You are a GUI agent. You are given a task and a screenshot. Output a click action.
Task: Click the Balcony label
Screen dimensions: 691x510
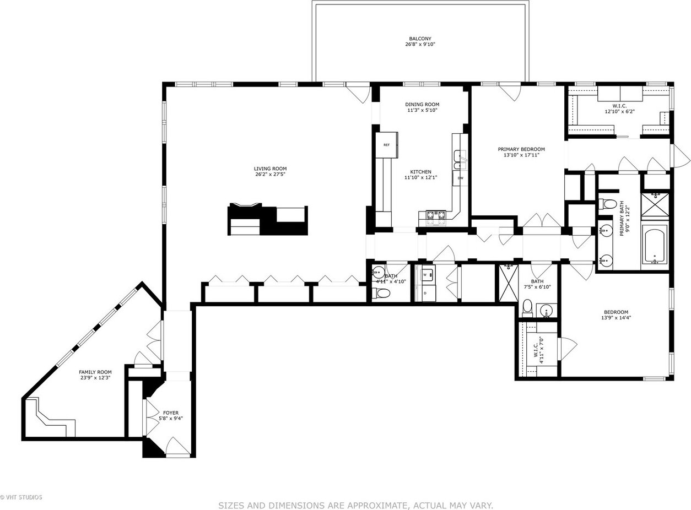pyautogui.click(x=420, y=39)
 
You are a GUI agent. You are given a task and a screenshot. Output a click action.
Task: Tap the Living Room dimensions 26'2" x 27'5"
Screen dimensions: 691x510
pyautogui.click(x=270, y=175)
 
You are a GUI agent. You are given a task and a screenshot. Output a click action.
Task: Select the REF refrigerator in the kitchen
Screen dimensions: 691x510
pyautogui.click(x=386, y=145)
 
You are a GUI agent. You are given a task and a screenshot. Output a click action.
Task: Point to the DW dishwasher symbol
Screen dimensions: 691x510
pyautogui.click(x=460, y=178)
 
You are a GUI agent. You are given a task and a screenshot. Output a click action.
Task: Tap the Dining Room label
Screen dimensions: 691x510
pyautogui.click(x=422, y=104)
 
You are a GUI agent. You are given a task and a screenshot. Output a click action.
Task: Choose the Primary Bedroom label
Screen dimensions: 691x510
pyautogui.click(x=521, y=149)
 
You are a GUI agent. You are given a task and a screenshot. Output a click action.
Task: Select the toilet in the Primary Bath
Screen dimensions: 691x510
pyautogui.click(x=607, y=204)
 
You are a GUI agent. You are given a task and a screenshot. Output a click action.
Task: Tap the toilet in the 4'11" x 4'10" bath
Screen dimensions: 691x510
pyautogui.click(x=381, y=293)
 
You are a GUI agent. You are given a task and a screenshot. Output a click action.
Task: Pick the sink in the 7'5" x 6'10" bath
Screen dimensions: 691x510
pyautogui.click(x=547, y=311)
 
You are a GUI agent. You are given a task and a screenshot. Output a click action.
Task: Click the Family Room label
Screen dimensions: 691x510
pyautogui.click(x=95, y=372)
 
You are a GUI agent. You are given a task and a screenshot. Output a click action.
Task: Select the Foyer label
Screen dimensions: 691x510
pyautogui.click(x=171, y=413)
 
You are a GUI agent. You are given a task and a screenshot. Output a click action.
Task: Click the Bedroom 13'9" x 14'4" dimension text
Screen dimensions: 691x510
pyautogui.click(x=616, y=318)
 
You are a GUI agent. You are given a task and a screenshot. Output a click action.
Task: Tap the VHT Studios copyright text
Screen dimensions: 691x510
pyautogui.click(x=21, y=497)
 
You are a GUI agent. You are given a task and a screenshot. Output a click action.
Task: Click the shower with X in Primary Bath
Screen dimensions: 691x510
pyautogui.click(x=655, y=204)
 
